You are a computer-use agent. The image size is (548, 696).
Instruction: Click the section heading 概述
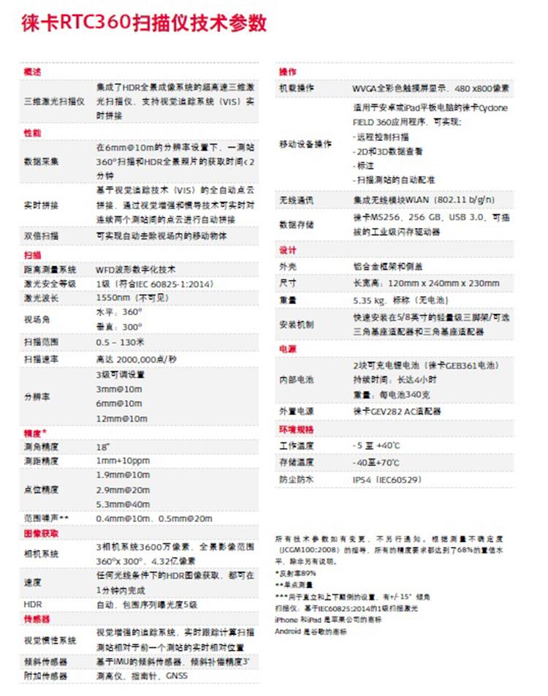pos(34,72)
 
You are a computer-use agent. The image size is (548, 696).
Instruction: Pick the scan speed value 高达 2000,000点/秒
pos(137,359)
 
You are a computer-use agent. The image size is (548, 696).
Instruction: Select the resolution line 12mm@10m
pos(119,417)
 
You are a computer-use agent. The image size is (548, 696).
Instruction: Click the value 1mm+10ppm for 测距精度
pos(123,461)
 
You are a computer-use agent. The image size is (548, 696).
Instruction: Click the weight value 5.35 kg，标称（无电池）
pos(401,300)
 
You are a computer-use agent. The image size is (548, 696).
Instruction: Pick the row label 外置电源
pos(296,412)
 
